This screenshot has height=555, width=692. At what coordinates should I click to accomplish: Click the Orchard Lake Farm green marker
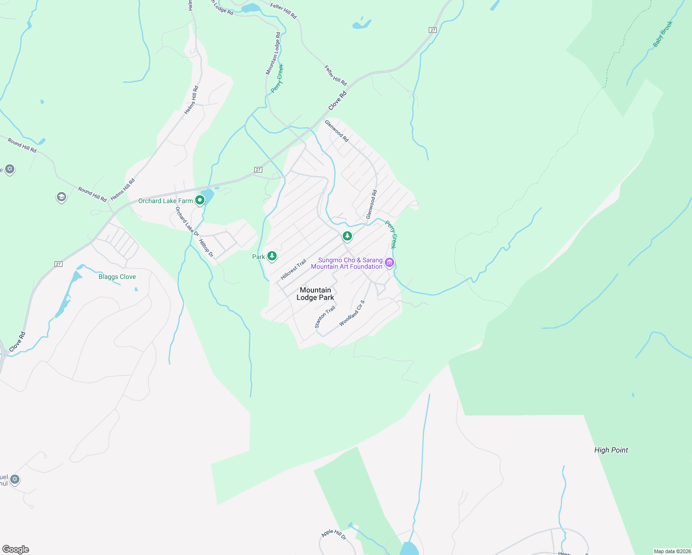[x=200, y=200]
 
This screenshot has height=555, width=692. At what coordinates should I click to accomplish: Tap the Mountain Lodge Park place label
[x=315, y=294]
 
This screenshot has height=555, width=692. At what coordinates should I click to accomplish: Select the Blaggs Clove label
[x=117, y=277]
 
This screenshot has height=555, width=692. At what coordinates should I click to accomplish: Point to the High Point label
[x=611, y=450]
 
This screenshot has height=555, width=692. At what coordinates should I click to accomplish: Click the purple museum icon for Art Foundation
[x=389, y=263]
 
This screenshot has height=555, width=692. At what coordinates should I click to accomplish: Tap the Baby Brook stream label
[x=662, y=34]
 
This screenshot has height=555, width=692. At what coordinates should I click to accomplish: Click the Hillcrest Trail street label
[x=293, y=270]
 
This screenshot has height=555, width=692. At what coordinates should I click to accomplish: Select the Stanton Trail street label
[x=325, y=317]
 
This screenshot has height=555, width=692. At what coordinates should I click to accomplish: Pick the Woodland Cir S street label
[x=352, y=314]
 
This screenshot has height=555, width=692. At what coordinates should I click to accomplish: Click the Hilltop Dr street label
[x=206, y=248]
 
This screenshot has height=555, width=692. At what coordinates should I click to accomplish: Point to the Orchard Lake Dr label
[x=186, y=219]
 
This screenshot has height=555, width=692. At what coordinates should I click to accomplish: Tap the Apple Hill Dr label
[x=334, y=534]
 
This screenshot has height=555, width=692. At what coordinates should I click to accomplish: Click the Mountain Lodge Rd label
[x=273, y=54]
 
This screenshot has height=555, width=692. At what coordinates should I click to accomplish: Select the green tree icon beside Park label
[x=272, y=256]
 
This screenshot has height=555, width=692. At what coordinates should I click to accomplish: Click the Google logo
[x=16, y=549]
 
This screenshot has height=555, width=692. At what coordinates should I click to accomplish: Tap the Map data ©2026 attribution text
[x=672, y=551]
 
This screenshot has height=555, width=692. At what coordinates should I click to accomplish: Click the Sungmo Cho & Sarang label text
[x=350, y=260]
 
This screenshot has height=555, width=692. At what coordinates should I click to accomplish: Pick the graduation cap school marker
[x=61, y=197]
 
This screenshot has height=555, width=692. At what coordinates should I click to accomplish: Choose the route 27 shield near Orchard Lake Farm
[x=258, y=170]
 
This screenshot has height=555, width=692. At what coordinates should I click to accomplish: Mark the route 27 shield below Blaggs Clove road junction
[x=58, y=264]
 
